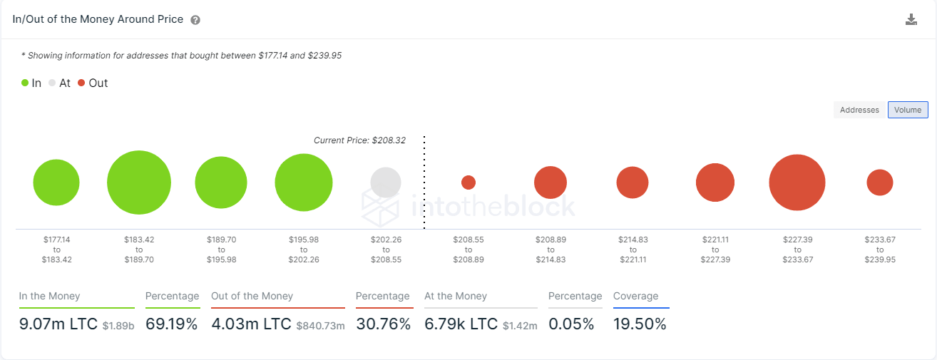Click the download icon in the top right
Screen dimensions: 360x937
tap(911, 20)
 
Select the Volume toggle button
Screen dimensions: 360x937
tap(908, 110)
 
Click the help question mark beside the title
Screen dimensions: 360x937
tap(195, 20)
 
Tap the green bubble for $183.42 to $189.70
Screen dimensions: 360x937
tap(139, 182)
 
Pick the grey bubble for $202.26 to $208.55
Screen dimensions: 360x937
tap(386, 182)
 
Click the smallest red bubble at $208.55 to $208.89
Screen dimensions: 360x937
tap(468, 182)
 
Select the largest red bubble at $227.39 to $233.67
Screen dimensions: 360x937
tap(797, 182)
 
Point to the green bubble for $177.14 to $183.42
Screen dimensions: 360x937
tap(56, 182)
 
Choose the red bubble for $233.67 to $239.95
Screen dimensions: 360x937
tap(880, 182)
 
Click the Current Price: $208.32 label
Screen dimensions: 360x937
tap(359, 140)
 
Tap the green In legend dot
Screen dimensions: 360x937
tap(25, 83)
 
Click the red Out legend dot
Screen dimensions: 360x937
tap(81, 83)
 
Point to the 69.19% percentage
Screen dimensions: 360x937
tap(171, 324)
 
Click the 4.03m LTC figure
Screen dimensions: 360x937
tap(251, 324)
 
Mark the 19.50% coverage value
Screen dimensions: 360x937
tap(640, 324)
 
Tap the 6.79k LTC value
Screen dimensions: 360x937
tap(461, 324)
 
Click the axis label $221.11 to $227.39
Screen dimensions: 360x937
tap(715, 250)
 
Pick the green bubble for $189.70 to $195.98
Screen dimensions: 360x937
tap(221, 182)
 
